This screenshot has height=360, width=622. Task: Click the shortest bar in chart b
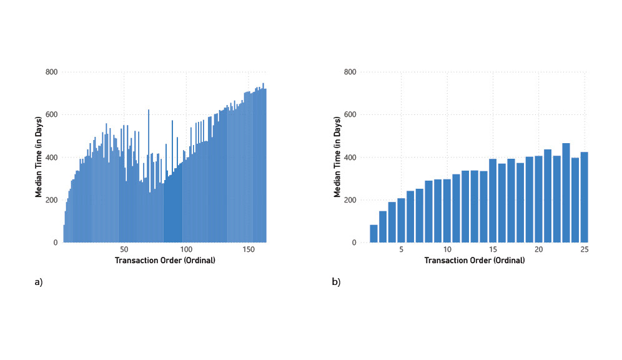pyautogui.click(x=373, y=234)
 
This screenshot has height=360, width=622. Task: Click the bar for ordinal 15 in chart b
pyautogui.click(x=493, y=201)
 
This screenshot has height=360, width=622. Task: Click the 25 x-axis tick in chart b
pyautogui.click(x=584, y=250)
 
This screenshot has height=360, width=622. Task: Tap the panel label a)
pyautogui.click(x=39, y=282)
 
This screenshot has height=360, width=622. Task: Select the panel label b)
pyautogui.click(x=336, y=282)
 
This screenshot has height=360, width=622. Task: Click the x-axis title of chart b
pyautogui.click(x=474, y=260)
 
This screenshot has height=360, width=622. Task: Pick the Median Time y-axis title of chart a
pyautogui.click(x=39, y=156)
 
